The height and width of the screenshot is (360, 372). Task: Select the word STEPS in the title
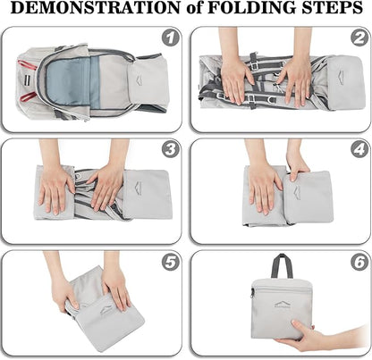click(333, 8)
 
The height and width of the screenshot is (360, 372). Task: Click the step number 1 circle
click(171, 38)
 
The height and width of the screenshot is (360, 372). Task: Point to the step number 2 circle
click(359, 38)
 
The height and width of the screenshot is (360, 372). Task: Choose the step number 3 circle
click(171, 149)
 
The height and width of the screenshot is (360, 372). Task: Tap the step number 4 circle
click(359, 149)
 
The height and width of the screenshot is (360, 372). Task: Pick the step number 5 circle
click(171, 262)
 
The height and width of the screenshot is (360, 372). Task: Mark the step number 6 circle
click(359, 262)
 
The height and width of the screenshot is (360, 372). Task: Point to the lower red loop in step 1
click(29, 96)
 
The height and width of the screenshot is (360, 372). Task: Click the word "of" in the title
click(194, 9)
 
